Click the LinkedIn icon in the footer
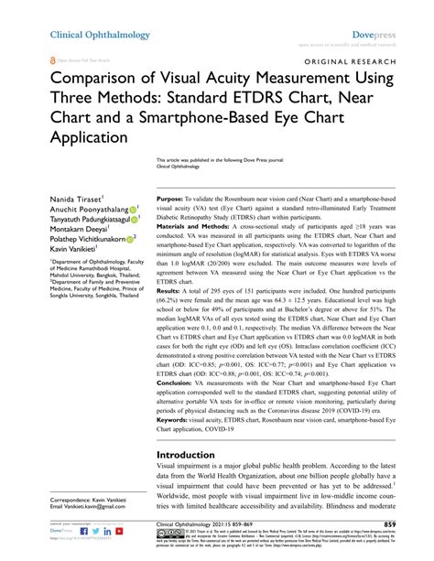pos(82,530)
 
